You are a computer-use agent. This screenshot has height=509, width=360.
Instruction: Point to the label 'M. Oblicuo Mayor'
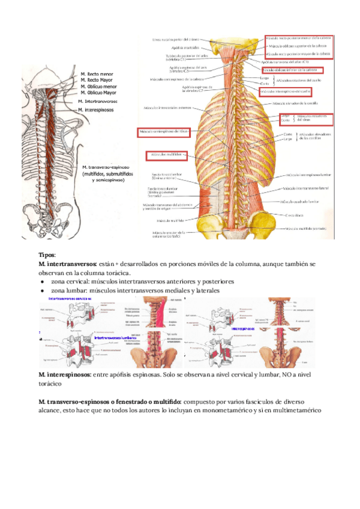98,93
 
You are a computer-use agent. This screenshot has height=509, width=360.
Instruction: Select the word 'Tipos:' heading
46,255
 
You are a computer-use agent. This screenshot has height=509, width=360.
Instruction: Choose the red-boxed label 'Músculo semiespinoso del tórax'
164,131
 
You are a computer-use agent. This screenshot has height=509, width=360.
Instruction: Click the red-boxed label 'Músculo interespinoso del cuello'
285,91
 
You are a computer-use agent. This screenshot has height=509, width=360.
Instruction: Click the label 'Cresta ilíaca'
294,214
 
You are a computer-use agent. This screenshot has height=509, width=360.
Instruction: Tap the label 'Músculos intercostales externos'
167,108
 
